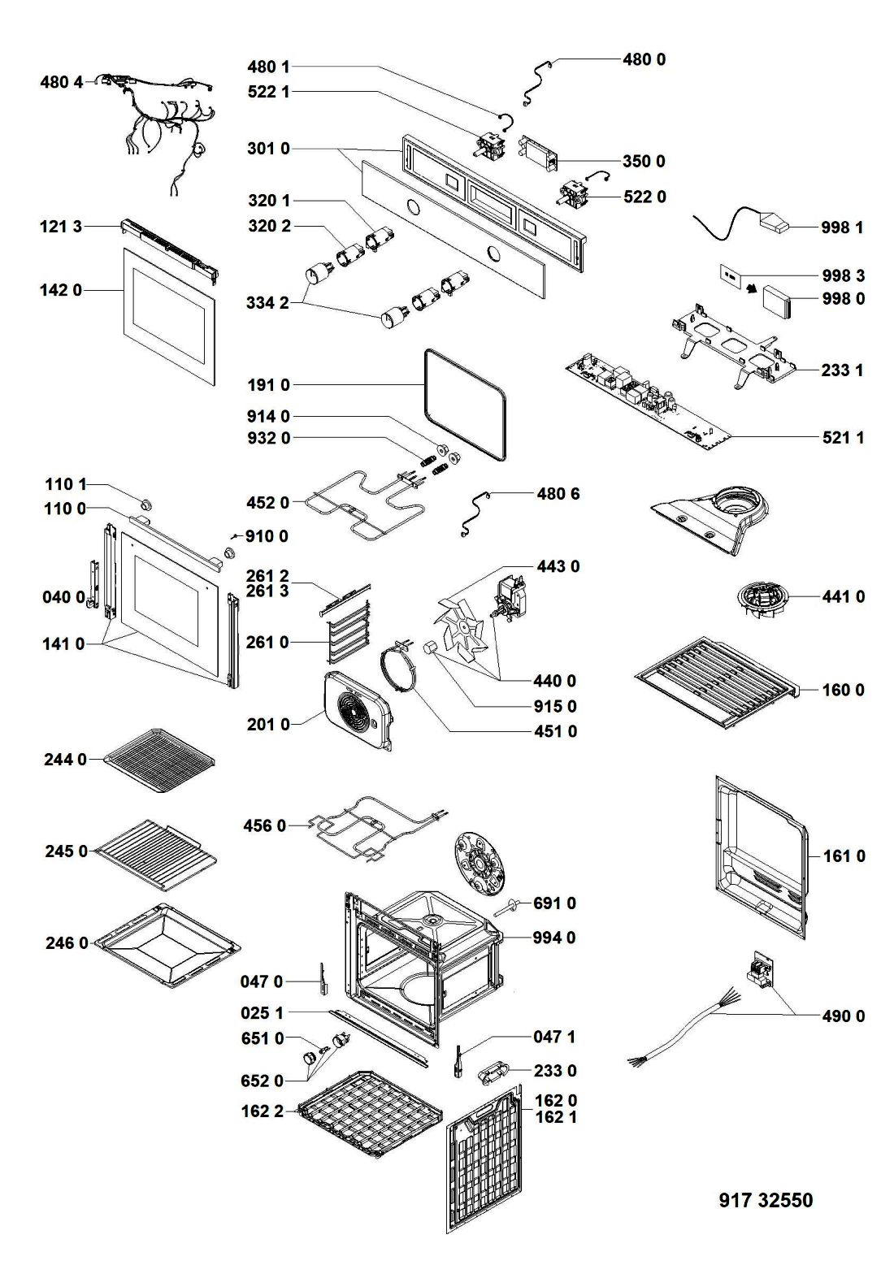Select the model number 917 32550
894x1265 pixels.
point(766,1200)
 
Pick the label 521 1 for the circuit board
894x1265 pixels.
point(843,438)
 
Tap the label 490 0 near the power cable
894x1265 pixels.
point(843,1016)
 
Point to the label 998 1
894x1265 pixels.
point(841,227)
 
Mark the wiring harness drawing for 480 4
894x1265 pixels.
point(163,130)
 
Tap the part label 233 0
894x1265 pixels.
point(555,1071)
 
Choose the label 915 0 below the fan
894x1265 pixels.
point(556,706)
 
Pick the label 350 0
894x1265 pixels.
point(644,162)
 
